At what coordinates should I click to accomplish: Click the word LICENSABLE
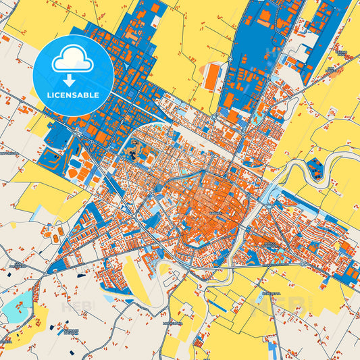[x=72, y=95]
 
